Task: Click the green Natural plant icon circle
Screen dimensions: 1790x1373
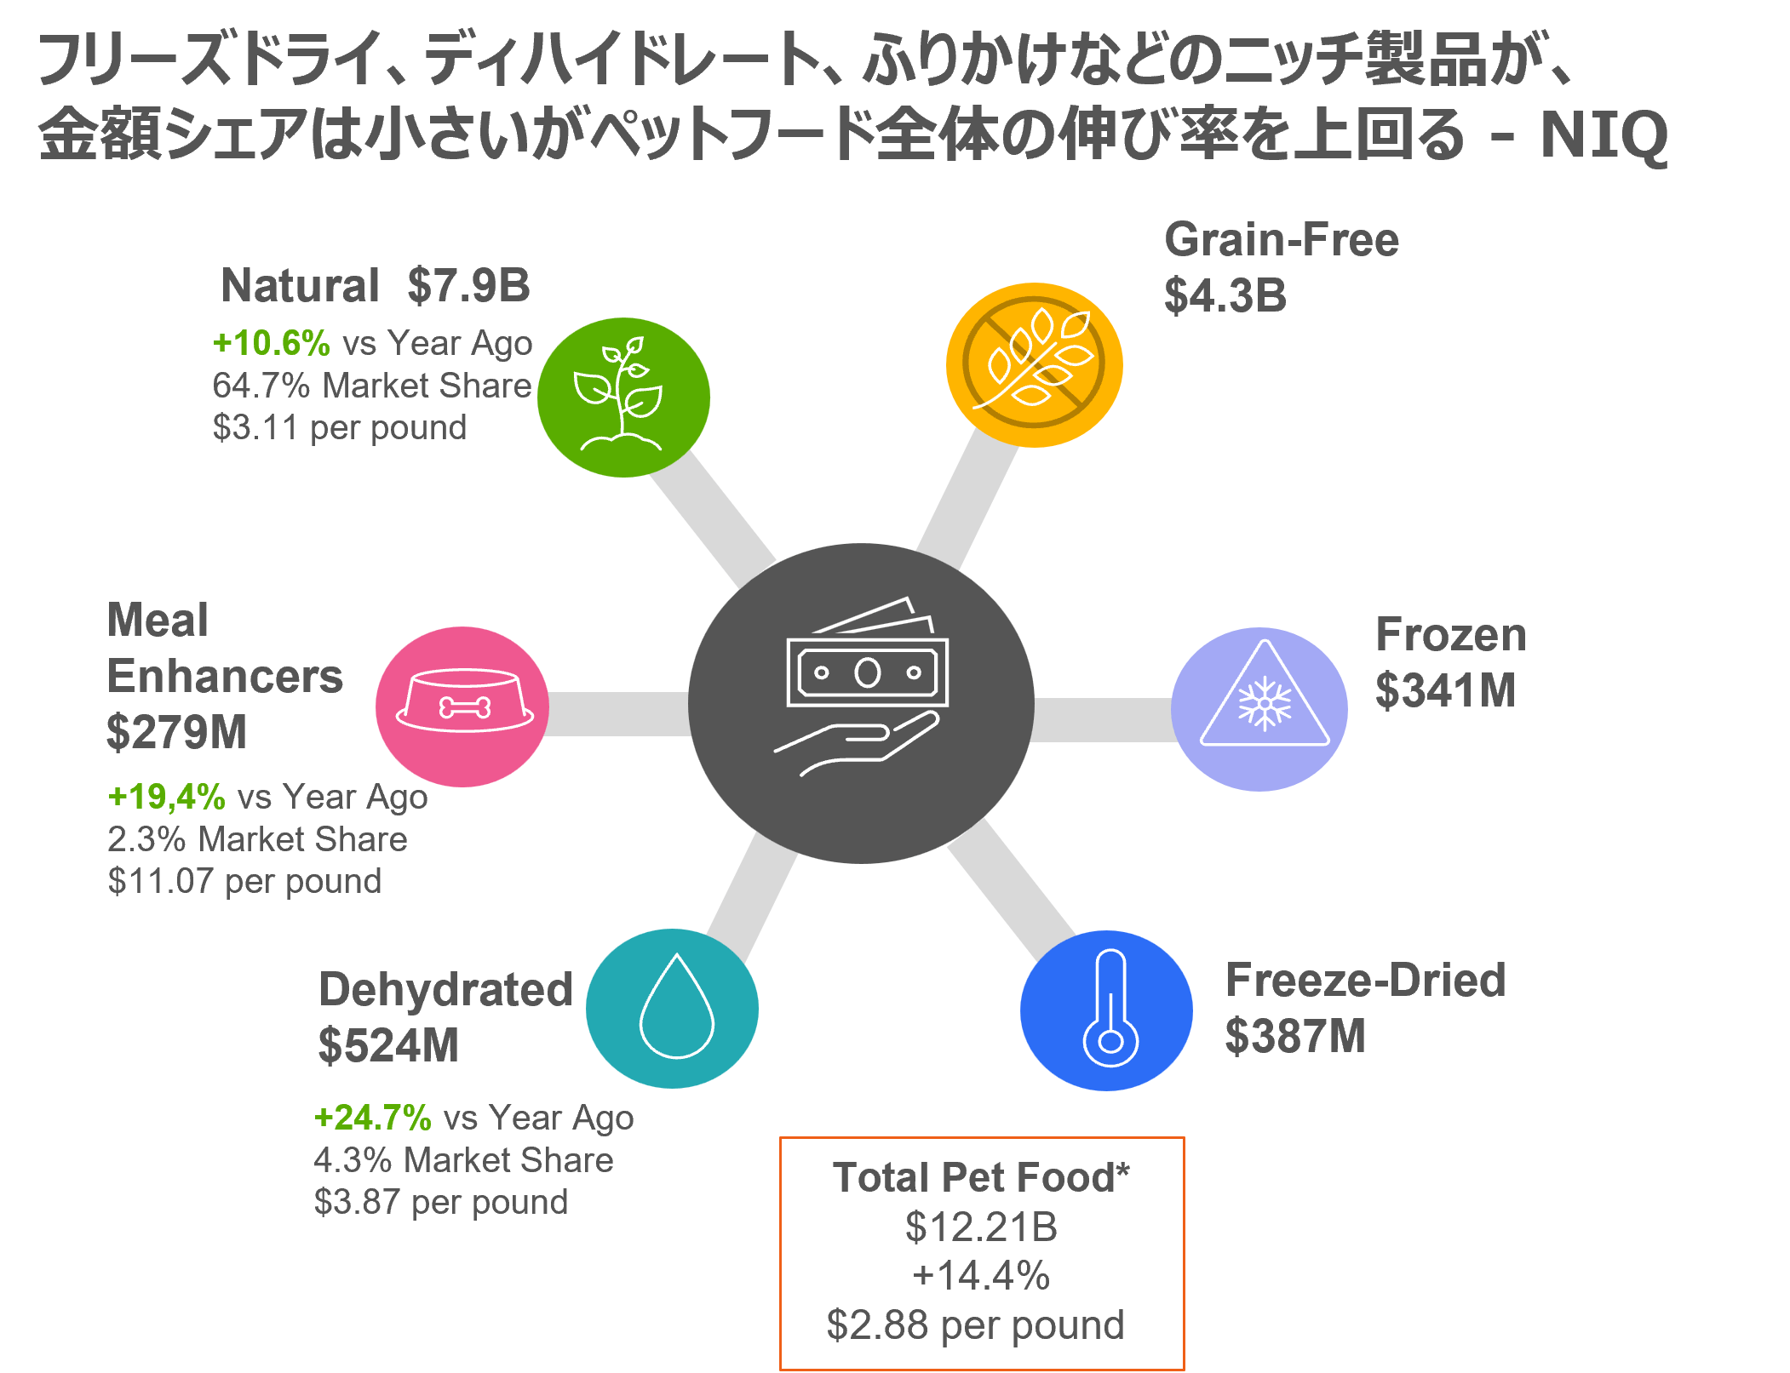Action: [623, 398]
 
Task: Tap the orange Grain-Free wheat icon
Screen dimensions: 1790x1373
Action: [1034, 364]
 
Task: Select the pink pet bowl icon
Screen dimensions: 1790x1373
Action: [462, 707]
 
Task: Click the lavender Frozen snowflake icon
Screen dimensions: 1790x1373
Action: [1259, 709]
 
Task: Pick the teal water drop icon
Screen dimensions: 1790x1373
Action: [672, 1009]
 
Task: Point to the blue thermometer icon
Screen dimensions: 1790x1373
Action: [1106, 1010]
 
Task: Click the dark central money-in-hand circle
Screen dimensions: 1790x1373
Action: [861, 703]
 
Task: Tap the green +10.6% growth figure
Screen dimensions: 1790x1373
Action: [271, 343]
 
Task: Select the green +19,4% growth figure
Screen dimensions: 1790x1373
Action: [166, 798]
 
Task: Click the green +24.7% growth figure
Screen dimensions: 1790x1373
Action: [372, 1118]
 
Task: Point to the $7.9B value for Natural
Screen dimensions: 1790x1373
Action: [468, 285]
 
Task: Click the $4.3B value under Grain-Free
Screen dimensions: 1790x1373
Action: [1225, 295]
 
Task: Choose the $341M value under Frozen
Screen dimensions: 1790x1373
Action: [1445, 690]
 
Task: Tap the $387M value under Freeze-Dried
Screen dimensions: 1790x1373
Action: [1295, 1037]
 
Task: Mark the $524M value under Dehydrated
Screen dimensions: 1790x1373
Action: [388, 1046]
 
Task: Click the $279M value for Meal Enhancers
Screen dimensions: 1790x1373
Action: [176, 733]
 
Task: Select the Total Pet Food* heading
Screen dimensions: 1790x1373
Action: [981, 1178]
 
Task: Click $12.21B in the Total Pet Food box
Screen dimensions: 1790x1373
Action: [981, 1227]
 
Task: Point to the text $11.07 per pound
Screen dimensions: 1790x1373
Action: [244, 881]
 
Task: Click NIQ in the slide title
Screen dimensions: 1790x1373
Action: [1604, 135]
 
